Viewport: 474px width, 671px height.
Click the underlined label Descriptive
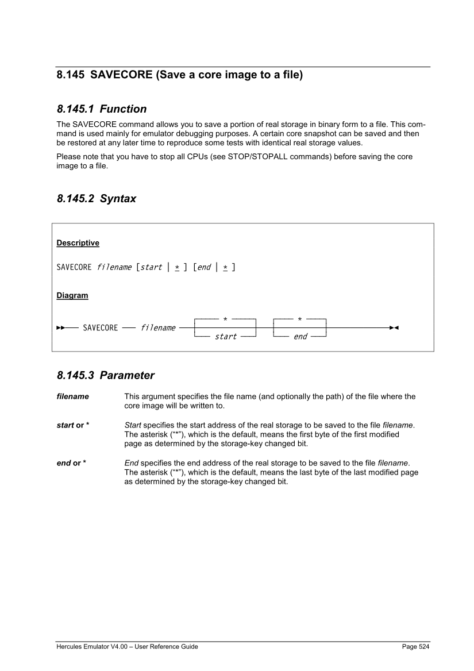(78, 243)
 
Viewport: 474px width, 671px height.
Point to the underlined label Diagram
(72, 296)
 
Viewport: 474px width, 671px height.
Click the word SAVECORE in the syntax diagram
(101, 328)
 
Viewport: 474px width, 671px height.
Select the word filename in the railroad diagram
(158, 328)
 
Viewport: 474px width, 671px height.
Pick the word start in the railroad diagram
(226, 337)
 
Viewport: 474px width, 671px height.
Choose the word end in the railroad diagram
(300, 337)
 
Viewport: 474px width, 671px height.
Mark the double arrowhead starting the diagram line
(60, 328)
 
